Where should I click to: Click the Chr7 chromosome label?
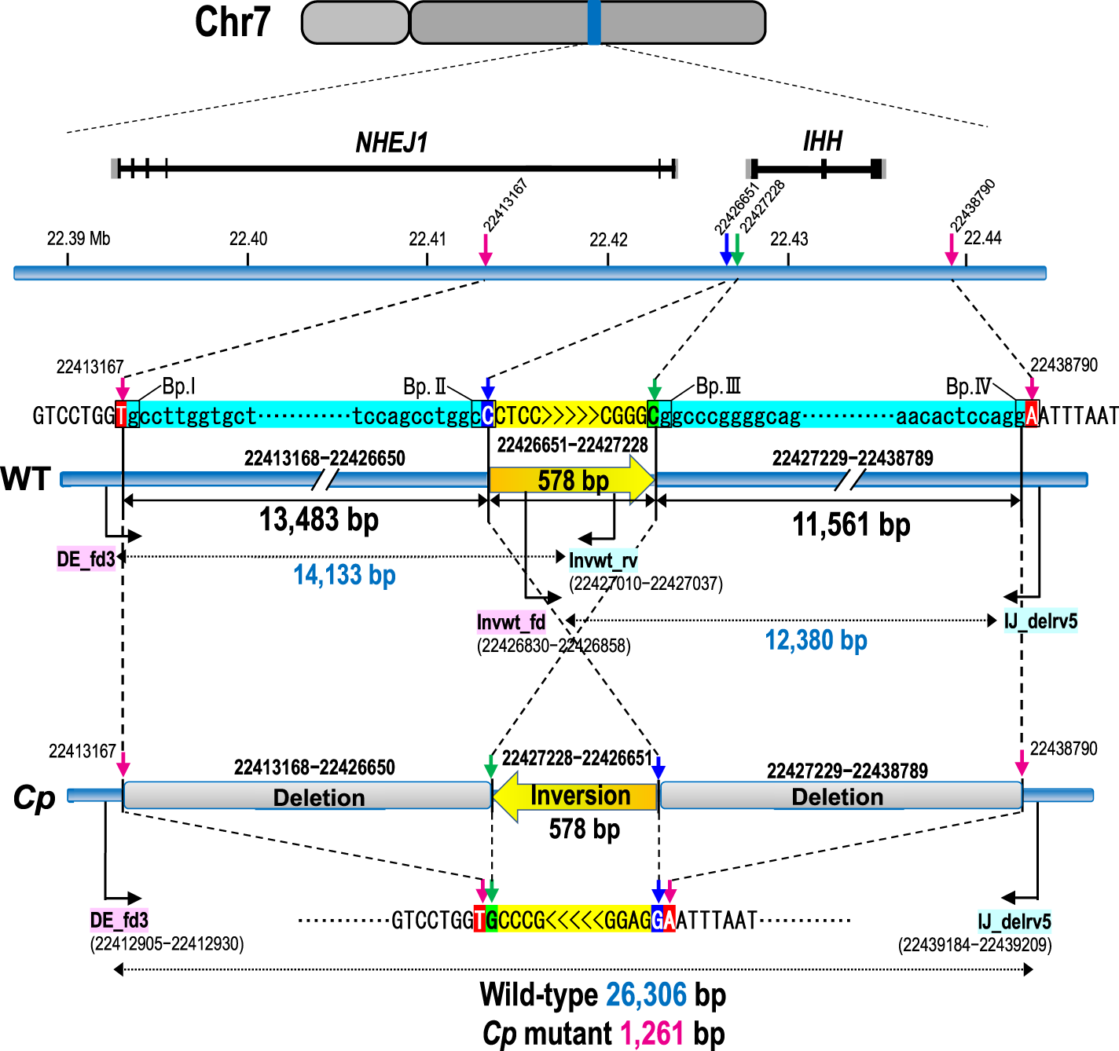[233, 22]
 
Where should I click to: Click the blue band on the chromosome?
[594, 22]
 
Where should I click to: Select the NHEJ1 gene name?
[391, 143]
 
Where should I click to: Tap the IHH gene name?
[822, 141]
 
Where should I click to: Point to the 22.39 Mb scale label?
[79, 239]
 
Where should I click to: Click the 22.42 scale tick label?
[608, 239]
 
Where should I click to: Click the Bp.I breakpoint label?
[178, 386]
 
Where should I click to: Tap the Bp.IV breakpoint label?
[968, 386]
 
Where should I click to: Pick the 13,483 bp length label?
[319, 519]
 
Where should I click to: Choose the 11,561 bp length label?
[851, 524]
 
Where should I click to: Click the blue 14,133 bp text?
[344, 575]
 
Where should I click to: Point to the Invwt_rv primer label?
[603, 560]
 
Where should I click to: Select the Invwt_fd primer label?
[511, 622]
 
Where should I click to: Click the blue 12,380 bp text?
[816, 640]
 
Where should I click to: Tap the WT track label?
[26, 478]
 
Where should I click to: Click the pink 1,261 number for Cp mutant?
[651, 1033]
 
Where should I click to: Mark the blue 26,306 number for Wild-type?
[646, 994]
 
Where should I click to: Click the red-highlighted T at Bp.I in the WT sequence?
[121, 416]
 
